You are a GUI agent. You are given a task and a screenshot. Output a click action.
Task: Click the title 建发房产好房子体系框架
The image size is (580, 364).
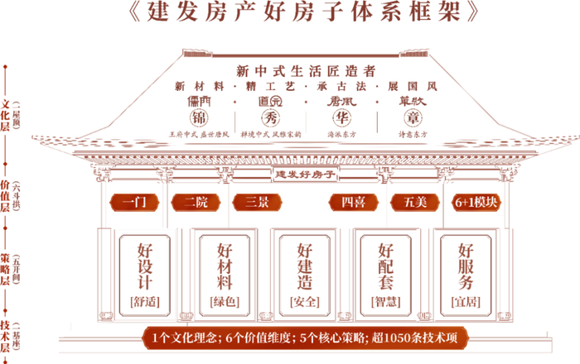tap(289, 14)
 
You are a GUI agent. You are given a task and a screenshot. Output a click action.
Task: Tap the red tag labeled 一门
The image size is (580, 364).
tap(133, 202)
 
